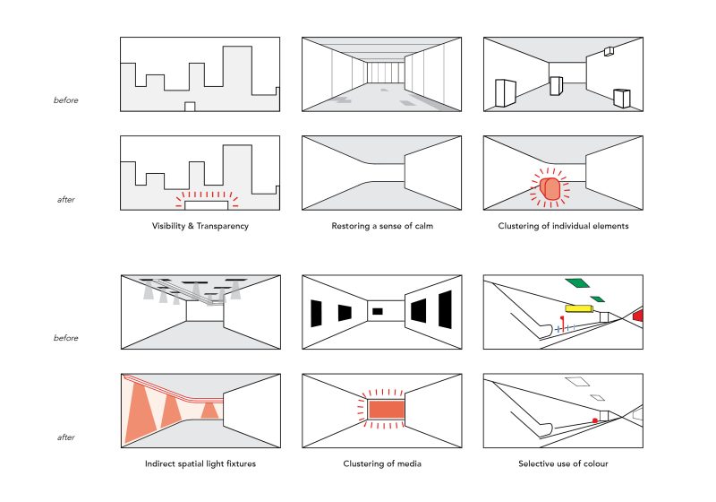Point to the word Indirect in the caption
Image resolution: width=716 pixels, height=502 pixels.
click(163, 464)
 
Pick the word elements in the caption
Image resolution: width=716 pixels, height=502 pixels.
click(609, 226)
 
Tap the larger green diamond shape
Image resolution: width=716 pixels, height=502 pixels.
click(576, 283)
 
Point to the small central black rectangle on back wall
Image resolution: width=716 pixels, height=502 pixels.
click(378, 311)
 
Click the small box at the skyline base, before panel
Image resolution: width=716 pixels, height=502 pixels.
click(190, 107)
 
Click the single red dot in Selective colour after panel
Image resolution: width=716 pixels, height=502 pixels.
click(593, 420)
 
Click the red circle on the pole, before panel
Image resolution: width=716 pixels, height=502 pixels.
click(561, 317)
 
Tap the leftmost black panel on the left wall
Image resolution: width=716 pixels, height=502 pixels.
click(316, 314)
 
